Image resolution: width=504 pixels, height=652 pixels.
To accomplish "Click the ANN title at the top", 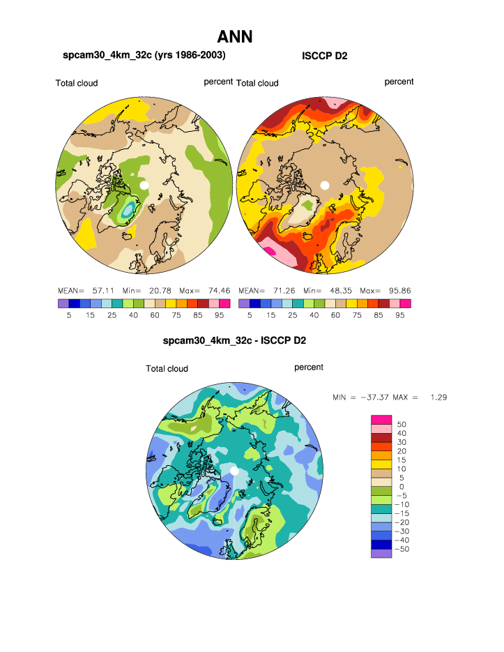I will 234,36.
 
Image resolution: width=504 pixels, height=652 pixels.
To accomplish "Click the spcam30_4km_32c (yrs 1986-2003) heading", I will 144,55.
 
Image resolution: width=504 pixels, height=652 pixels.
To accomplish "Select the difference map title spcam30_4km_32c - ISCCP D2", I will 234,341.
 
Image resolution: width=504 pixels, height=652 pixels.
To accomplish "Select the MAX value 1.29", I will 439,397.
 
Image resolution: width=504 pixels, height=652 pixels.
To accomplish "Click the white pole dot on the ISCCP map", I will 324,185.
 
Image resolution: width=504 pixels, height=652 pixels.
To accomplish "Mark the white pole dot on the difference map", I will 234,471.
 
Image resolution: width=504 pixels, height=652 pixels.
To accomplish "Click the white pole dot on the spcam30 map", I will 144,185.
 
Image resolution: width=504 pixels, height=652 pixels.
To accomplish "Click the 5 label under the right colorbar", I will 250,314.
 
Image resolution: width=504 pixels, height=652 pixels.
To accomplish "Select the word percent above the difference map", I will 309,367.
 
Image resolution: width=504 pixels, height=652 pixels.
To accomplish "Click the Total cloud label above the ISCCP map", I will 257,84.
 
